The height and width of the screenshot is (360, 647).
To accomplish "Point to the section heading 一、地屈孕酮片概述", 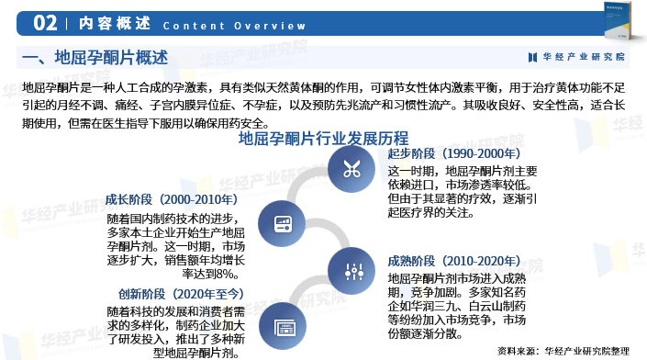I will click(95, 58).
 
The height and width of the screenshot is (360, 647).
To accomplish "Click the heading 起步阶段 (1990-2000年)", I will click(453, 154).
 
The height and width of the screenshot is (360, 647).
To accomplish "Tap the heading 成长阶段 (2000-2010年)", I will click(172, 199).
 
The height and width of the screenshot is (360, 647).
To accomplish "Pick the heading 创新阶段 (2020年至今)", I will click(182, 294).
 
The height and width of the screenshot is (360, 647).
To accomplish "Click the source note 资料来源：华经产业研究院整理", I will click(563, 350).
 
